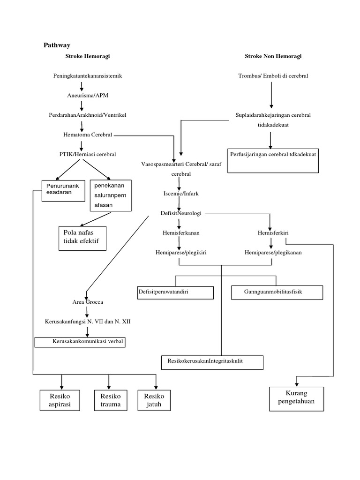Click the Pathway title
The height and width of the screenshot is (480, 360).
[x=57, y=45]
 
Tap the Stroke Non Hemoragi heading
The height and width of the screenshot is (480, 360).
[x=273, y=56]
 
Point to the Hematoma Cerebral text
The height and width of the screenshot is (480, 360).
[x=88, y=135]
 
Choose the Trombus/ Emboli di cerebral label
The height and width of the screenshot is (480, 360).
[x=273, y=75]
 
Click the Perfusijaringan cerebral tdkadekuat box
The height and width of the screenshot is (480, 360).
[x=273, y=161]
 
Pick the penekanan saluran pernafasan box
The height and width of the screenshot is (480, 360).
[x=111, y=195]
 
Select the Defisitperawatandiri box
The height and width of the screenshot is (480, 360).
[x=175, y=292]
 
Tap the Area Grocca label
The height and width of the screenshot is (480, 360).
[x=88, y=302]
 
